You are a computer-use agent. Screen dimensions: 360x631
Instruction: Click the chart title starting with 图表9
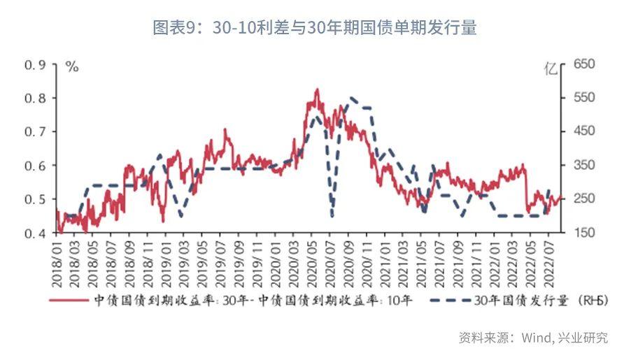[x=315, y=28]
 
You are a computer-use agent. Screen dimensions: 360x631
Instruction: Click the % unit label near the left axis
[x=71, y=67]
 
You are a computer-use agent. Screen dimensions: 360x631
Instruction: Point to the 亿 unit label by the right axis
[x=552, y=69]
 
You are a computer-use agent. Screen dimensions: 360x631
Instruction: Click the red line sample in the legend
[x=70, y=301]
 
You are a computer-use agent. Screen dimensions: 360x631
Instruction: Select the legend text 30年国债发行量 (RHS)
[x=539, y=301]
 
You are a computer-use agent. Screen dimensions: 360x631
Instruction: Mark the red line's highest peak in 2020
[x=317, y=89]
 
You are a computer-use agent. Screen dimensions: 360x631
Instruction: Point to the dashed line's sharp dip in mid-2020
[x=332, y=215]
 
